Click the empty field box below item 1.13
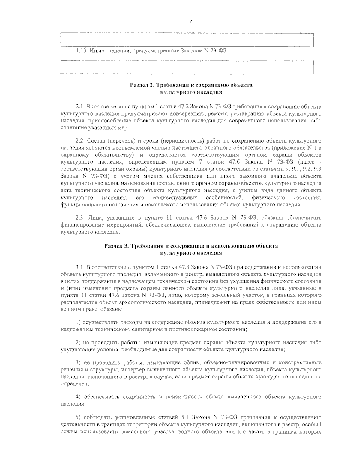point(187,67)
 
